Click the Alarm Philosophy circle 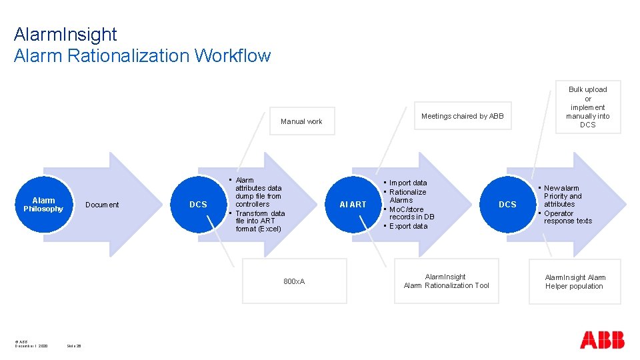point(43,205)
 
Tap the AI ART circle point(353,205)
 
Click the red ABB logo point(602,340)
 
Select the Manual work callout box point(301,121)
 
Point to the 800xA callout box point(294,281)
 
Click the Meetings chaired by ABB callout point(462,116)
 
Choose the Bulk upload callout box point(587,107)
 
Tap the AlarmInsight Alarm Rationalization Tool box point(446,281)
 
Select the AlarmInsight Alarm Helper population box point(574,282)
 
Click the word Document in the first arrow point(102,205)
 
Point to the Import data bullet point(408,183)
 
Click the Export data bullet point(408,226)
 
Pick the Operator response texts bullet point(567,217)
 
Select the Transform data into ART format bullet point(259,221)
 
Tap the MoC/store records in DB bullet point(411,213)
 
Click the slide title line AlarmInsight point(65,34)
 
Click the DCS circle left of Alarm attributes point(198,205)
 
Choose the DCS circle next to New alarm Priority point(507,205)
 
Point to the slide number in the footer point(73,346)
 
